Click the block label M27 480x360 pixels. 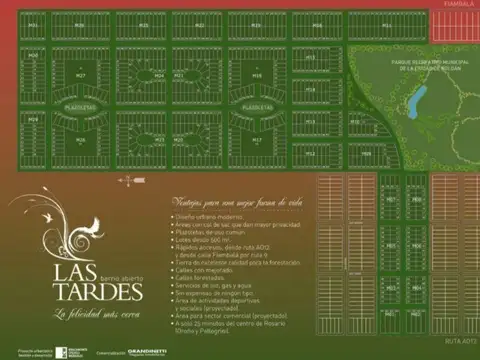point(80,75)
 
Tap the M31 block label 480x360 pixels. point(34,24)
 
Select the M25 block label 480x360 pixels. point(80,140)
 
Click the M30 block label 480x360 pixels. point(80,24)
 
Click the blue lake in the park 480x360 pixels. point(418,97)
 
